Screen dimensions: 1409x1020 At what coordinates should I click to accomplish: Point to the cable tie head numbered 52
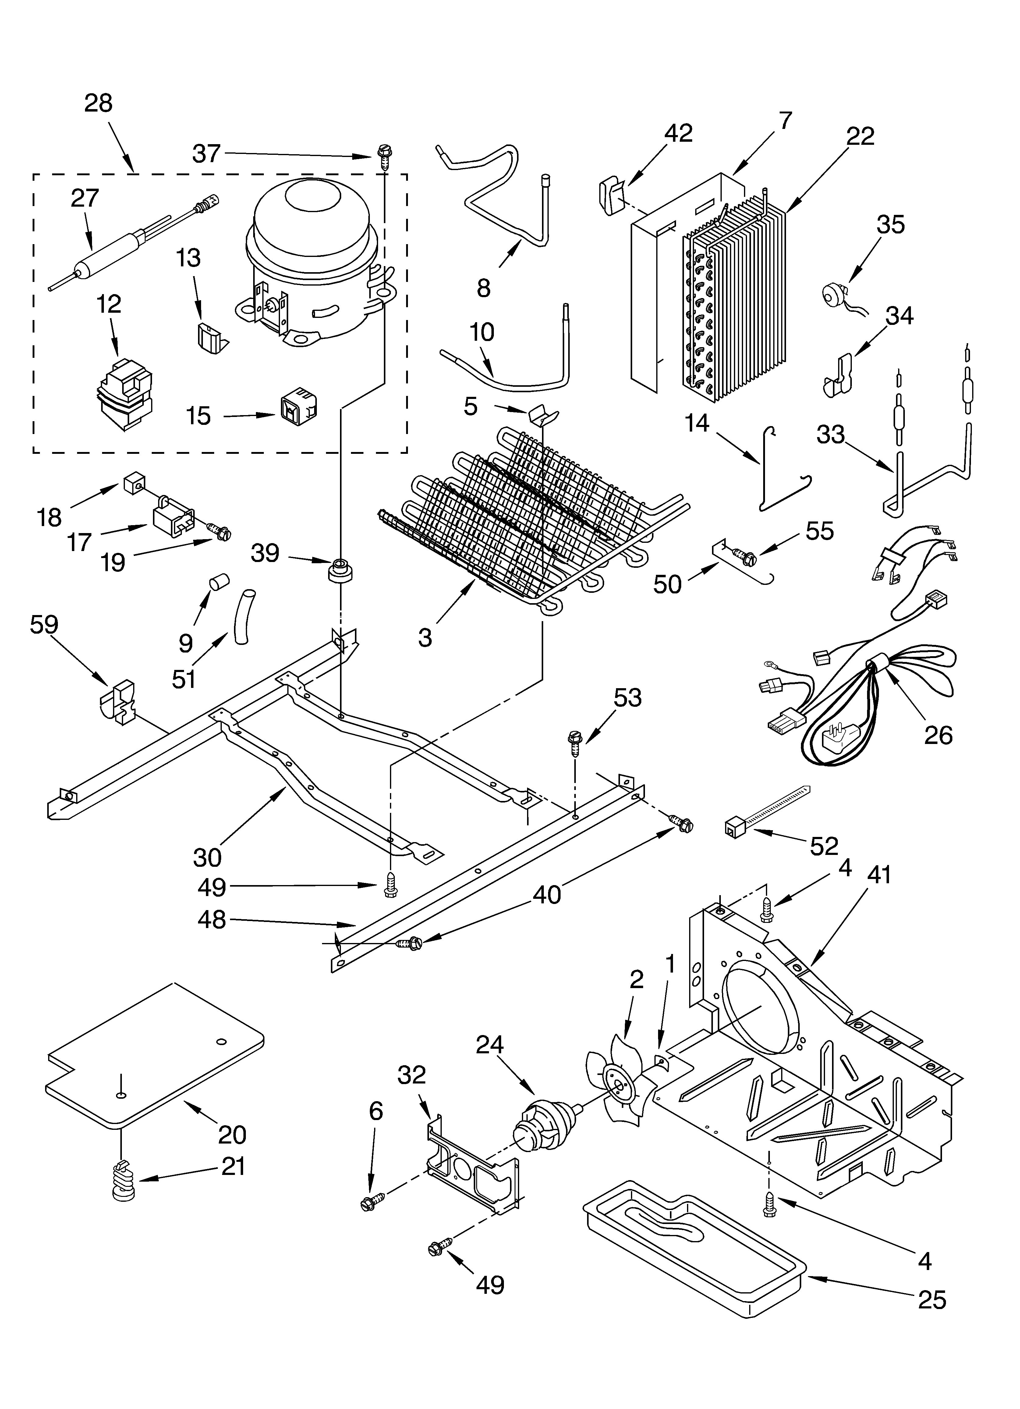coord(734,827)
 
